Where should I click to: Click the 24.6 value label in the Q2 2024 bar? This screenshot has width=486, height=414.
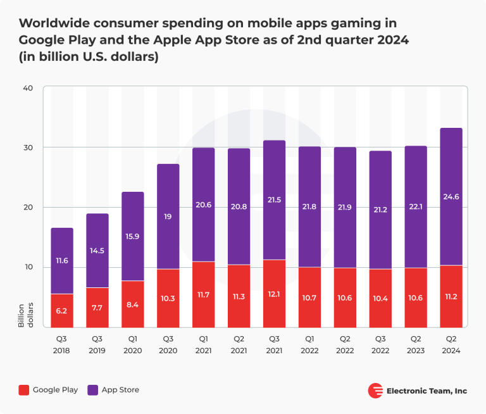[451, 197]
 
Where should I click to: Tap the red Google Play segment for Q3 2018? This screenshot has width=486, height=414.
[62, 311]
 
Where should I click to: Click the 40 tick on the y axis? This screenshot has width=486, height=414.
[28, 88]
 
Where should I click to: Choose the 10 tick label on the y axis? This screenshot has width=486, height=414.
[28, 267]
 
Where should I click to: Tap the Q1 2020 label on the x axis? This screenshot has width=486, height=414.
[133, 344]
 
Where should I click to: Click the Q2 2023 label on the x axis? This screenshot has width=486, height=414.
[416, 344]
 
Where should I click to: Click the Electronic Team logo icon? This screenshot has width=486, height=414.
[375, 391]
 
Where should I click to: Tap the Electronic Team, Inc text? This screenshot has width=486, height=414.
[427, 391]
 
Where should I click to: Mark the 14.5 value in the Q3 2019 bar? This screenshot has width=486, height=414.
[97, 251]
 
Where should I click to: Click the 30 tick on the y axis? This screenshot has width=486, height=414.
[28, 147]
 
